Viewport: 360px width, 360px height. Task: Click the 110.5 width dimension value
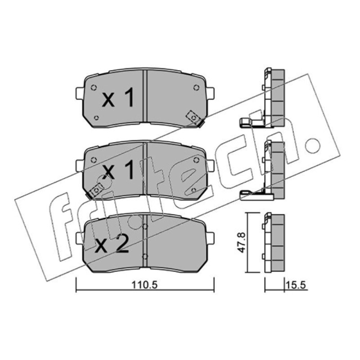tap(144, 285)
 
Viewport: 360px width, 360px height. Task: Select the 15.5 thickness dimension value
tap(296, 285)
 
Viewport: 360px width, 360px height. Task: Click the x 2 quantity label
tap(112, 246)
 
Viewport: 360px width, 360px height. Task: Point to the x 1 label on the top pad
tap(118, 98)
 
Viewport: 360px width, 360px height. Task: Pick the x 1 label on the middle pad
tap(118, 170)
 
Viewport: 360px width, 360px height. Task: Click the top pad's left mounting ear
tap(79, 94)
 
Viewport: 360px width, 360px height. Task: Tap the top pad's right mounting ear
tap(211, 94)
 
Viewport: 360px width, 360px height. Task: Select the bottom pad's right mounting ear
tap(211, 238)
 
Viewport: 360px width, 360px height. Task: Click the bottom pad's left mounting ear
tap(79, 238)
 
